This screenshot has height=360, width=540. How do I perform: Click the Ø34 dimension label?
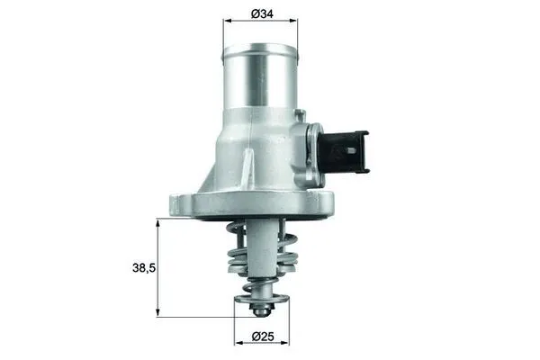[264, 13]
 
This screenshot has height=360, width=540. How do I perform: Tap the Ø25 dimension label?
[262, 338]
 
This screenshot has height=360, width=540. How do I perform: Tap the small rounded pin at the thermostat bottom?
[261, 311]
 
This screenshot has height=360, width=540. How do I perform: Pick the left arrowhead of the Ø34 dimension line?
[226, 19]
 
